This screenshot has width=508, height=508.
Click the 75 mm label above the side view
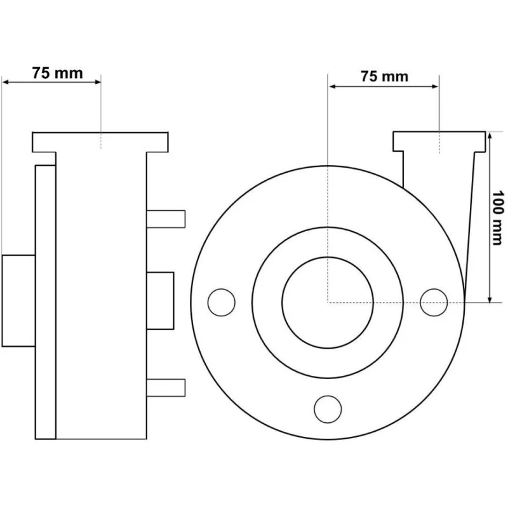(57, 72)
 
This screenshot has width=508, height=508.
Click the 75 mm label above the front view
(384, 77)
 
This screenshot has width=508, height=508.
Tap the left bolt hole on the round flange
(221, 302)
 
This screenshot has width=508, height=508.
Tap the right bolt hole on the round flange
(434, 301)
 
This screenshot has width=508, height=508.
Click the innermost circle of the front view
(327, 302)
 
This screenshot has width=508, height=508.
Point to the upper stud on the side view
(166, 218)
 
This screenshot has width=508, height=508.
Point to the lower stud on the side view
(166, 385)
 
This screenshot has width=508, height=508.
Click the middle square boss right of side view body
(160, 300)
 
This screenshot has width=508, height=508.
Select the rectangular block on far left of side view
(18, 300)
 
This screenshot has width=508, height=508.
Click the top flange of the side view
(100, 142)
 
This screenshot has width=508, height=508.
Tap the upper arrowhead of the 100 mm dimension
(490, 136)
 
